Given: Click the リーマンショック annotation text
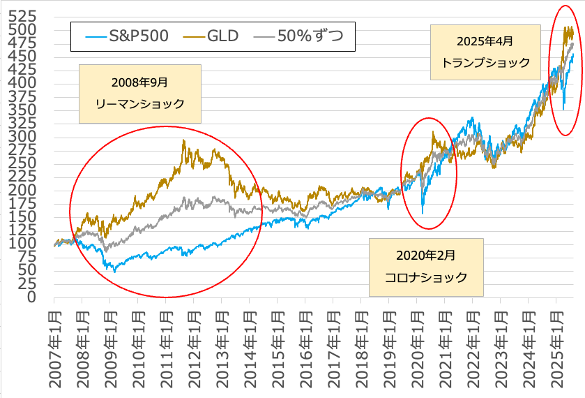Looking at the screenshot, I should coord(139,104).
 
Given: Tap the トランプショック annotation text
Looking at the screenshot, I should coord(487,62).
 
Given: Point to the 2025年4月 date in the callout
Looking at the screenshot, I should coord(487,40).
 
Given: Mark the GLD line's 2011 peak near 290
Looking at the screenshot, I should coord(183,141).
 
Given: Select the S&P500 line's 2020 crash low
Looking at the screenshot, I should coord(423,213).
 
